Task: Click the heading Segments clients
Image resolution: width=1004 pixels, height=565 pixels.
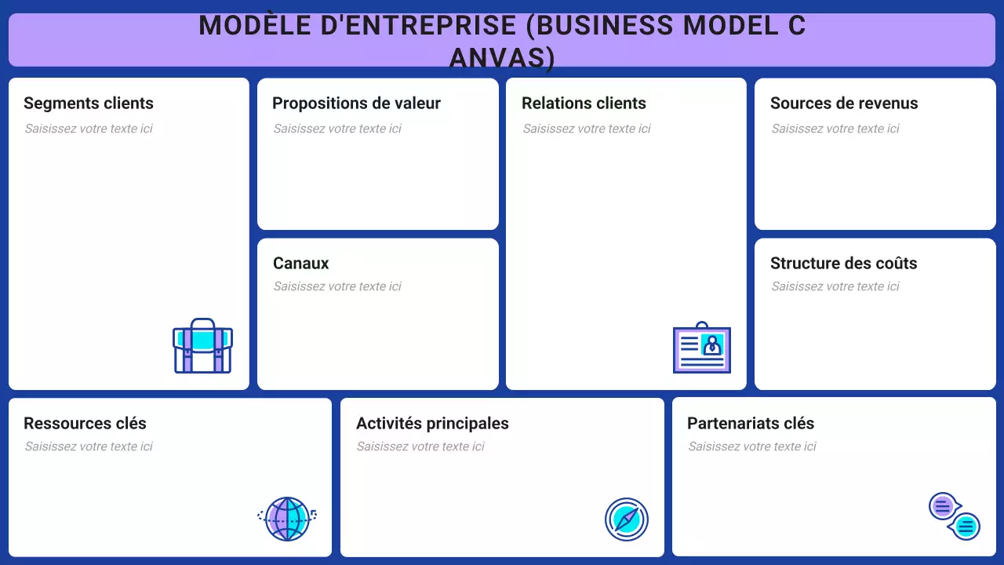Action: [89, 104]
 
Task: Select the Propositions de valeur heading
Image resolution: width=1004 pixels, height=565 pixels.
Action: [356, 104]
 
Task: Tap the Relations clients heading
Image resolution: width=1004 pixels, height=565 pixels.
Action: [584, 104]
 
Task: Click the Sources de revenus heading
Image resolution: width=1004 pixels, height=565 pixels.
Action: [844, 104]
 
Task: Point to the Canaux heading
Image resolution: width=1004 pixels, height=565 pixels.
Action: [300, 264]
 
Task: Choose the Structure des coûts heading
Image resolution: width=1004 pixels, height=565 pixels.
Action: [843, 264]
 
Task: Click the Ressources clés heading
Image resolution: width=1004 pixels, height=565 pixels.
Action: [85, 424]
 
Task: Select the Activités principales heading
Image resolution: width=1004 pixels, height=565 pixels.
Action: [432, 424]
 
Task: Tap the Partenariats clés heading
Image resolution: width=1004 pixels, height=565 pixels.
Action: [751, 424]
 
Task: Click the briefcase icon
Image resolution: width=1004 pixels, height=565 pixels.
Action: [202, 346]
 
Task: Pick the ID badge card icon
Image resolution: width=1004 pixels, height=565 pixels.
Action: [702, 348]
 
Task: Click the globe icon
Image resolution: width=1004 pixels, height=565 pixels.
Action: [287, 519]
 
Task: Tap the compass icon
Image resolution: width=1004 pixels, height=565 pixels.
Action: [627, 519]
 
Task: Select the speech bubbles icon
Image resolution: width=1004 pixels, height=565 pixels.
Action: [955, 516]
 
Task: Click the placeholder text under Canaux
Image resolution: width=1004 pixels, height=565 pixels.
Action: [337, 286]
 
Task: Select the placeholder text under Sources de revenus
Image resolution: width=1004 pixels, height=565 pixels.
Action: [835, 129]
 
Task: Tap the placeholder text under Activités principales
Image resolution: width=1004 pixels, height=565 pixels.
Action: [420, 447]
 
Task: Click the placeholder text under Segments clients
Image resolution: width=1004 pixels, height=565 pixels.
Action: [89, 129]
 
